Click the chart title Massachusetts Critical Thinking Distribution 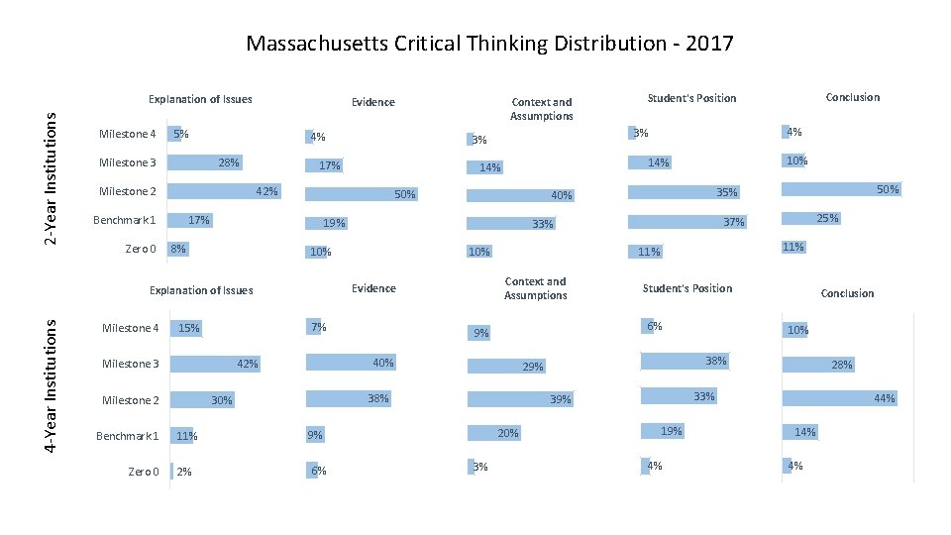[489, 44]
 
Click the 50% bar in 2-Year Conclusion [841, 188]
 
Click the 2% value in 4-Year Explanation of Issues [184, 473]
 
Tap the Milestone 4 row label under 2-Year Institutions [128, 135]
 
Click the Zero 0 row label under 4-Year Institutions [143, 472]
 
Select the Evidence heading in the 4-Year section [373, 288]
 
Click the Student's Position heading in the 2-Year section [691, 98]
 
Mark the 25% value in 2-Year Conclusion [827, 218]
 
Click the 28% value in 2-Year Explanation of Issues [229, 162]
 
